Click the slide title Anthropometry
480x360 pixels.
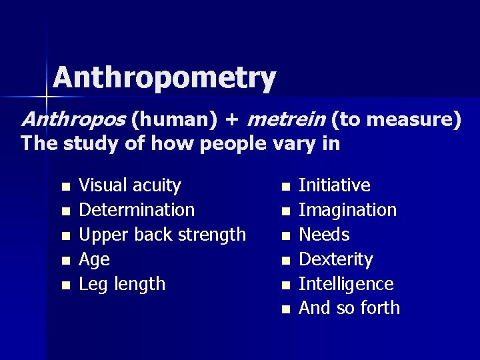[x=164, y=79]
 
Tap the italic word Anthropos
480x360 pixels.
[x=73, y=120]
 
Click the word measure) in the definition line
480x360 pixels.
[x=414, y=120]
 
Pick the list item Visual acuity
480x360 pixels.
[x=129, y=185]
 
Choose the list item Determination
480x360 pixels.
[x=137, y=210]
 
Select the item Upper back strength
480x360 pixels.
[x=162, y=235]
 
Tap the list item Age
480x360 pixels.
[x=94, y=259]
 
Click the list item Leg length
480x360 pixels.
[x=122, y=284]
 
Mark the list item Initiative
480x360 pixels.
[x=334, y=185]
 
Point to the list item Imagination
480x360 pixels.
[x=347, y=210]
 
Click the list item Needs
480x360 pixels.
[x=324, y=235]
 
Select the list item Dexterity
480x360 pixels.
[x=335, y=259]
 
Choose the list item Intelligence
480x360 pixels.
[x=346, y=284]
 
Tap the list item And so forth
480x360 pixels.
[x=349, y=308]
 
